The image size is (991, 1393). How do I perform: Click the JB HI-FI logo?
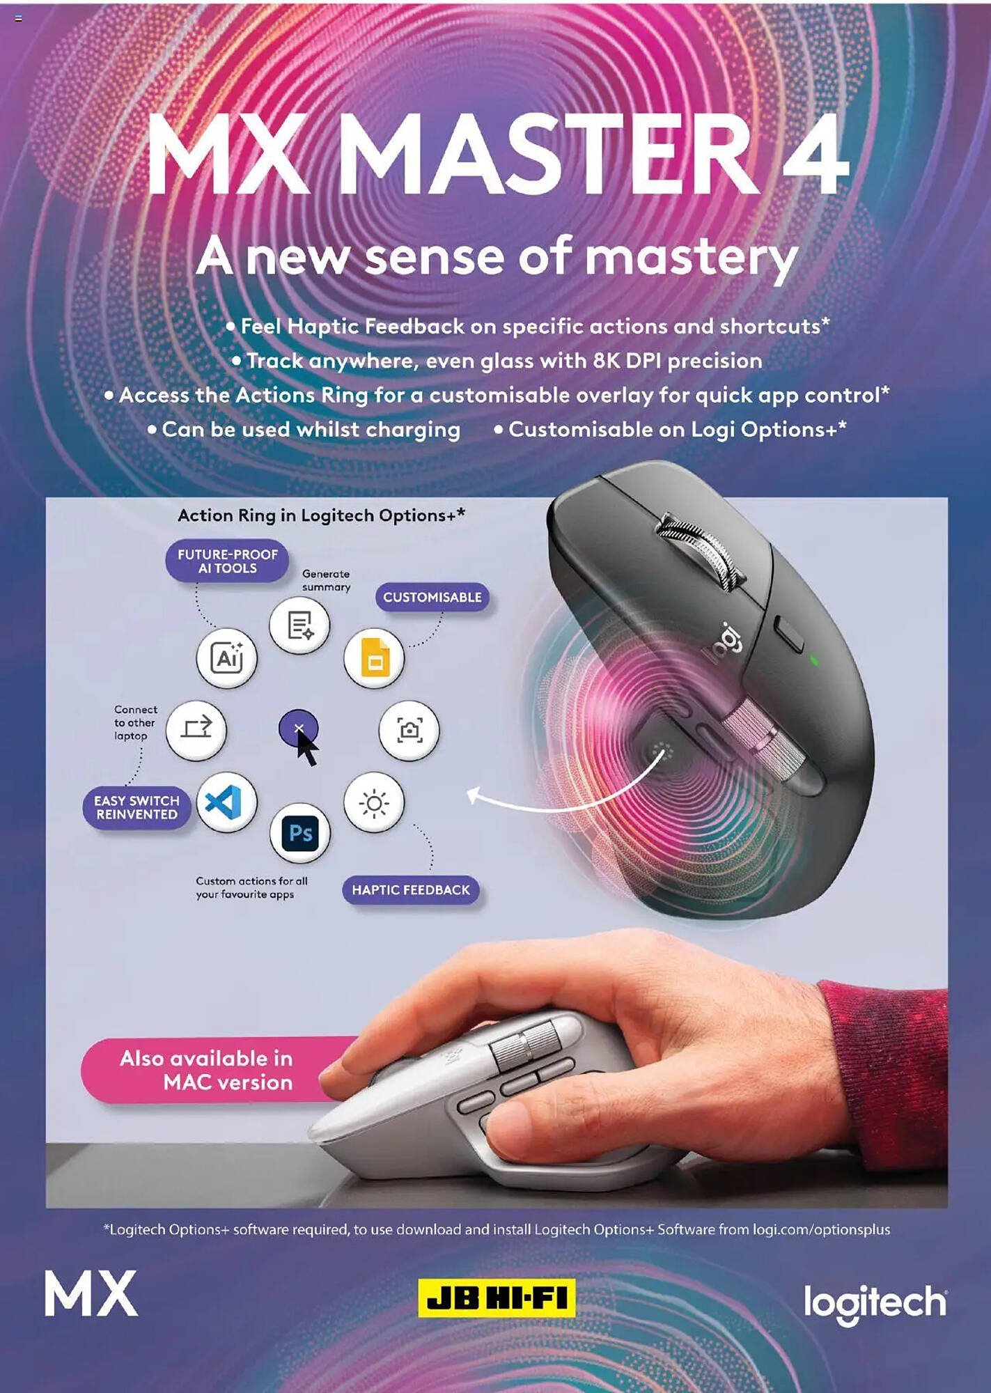click(497, 1298)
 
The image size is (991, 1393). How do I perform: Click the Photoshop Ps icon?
click(300, 833)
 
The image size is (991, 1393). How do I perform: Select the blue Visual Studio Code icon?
click(226, 802)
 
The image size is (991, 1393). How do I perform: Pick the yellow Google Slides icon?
click(374, 657)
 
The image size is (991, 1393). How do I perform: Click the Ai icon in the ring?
click(226, 657)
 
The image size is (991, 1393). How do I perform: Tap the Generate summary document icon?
click(299, 625)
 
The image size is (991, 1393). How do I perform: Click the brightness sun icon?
click(374, 802)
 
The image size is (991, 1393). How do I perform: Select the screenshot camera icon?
click(409, 730)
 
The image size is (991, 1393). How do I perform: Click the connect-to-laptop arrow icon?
click(196, 729)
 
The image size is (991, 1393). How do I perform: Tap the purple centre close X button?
click(298, 729)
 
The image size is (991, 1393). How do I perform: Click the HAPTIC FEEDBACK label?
click(411, 889)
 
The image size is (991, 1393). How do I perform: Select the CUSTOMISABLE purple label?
click(432, 597)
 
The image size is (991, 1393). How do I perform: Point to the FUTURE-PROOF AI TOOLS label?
click(227, 561)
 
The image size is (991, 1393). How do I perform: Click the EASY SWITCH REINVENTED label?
click(137, 808)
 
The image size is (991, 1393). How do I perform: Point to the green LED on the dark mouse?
click(815, 660)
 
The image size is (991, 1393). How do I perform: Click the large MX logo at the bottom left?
click(91, 1293)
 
